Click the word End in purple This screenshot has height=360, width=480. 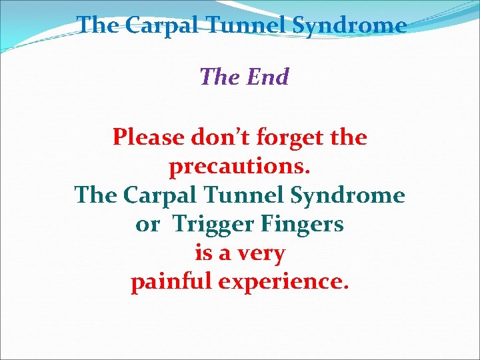click(x=267, y=77)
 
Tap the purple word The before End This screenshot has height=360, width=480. click(x=221, y=77)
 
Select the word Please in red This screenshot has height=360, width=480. click(x=148, y=137)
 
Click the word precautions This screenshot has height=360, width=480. click(x=240, y=167)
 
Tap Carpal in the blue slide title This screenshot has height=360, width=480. click(x=161, y=25)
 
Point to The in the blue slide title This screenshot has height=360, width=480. click(x=97, y=25)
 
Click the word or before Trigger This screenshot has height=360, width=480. click(x=147, y=225)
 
